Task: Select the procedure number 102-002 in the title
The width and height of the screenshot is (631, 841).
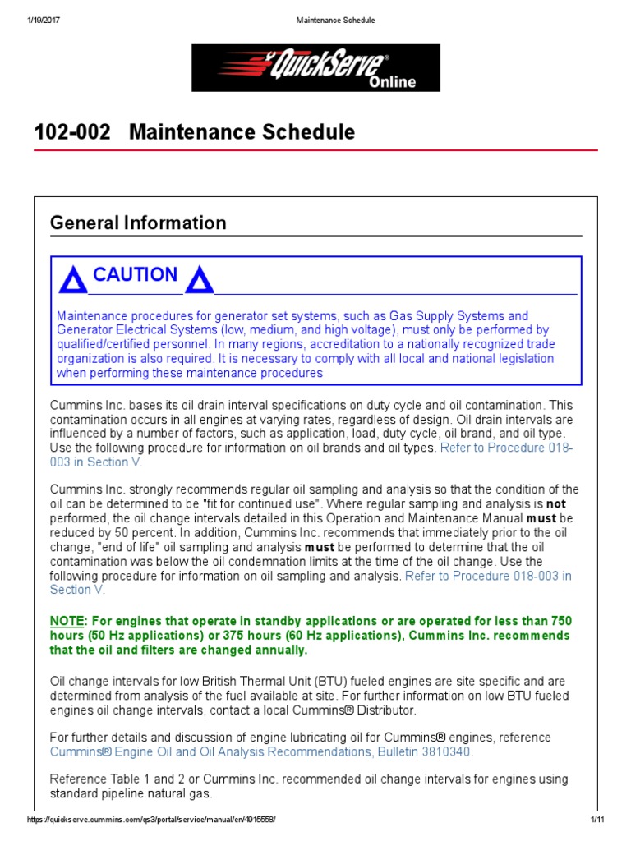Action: pyautogui.click(x=72, y=132)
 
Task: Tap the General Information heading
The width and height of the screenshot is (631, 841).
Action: pyautogui.click(x=138, y=223)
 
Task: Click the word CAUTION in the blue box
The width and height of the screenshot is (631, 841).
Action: pyautogui.click(x=135, y=275)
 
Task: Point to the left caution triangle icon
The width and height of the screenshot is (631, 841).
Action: pyautogui.click(x=72, y=281)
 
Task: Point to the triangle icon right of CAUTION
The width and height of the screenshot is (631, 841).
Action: pyautogui.click(x=199, y=281)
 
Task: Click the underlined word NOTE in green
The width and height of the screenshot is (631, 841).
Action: pyautogui.click(x=67, y=620)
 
